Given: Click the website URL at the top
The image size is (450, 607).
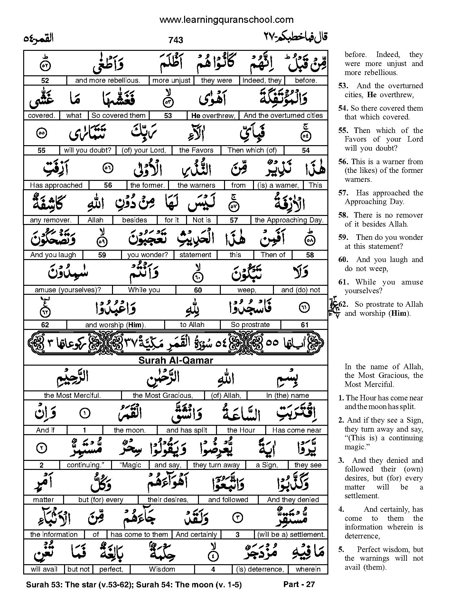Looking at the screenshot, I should tap(226, 20).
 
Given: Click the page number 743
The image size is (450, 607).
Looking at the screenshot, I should tap(175, 40).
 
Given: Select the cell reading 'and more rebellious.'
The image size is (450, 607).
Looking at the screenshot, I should tap(108, 80).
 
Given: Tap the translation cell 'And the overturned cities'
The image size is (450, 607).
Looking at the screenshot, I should tap(283, 116).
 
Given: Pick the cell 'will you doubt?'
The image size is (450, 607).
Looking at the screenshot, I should tap(87, 150).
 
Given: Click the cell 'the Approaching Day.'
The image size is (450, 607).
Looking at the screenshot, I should tap(289, 220).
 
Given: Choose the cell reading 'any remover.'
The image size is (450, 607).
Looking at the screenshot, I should tap(51, 220).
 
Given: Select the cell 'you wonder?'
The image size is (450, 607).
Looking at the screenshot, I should tap(147, 255).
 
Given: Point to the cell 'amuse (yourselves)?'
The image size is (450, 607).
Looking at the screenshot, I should tap(68, 290).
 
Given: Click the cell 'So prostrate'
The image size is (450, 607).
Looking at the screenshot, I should tap(250, 325).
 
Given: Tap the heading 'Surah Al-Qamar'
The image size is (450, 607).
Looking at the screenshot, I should tap(176, 360).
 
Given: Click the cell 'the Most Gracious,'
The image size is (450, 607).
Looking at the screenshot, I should tap(163, 395).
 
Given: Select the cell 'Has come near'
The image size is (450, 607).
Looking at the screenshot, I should tap(296, 430).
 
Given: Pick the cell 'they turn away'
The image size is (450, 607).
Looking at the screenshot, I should tap(216, 465).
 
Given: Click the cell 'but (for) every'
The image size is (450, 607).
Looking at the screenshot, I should tap(101, 500).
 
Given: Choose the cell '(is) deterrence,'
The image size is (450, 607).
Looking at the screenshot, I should tap(260, 569).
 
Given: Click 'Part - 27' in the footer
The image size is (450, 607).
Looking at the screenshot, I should tap(299, 584).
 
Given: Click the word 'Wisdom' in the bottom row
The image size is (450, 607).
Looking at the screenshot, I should tap(162, 569).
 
